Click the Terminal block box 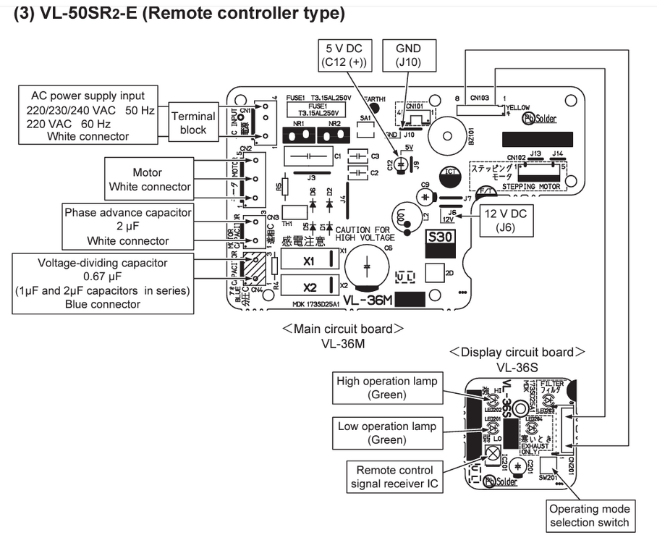tap(194, 123)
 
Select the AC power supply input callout tap(88, 116)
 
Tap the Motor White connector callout tap(149, 180)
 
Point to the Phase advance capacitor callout tap(128, 227)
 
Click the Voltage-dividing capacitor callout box tap(103, 283)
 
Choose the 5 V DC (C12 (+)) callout tap(344, 55)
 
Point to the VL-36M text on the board tap(368, 299)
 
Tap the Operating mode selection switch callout tap(590, 515)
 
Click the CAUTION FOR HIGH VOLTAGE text tap(365, 233)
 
